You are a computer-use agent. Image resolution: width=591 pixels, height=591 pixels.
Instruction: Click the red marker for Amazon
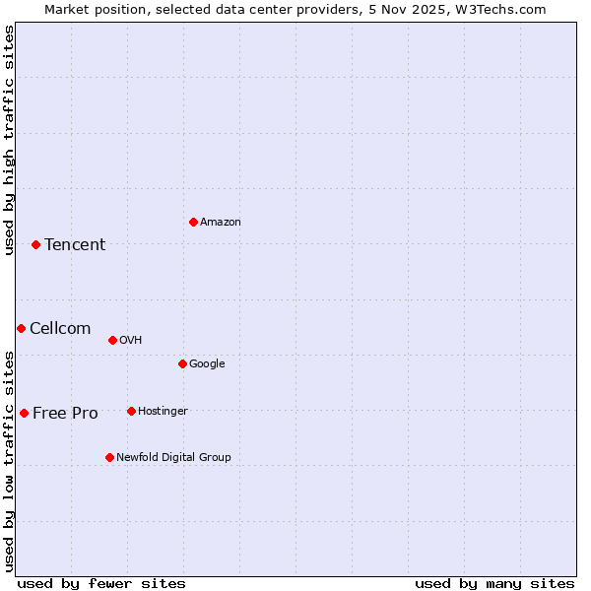193,222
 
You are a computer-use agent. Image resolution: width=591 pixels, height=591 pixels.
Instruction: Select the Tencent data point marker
35,244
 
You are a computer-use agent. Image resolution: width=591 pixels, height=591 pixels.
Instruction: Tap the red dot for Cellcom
21,328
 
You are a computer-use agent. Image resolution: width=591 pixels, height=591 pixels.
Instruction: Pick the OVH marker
112,340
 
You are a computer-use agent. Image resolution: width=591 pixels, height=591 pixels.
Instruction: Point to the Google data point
182,363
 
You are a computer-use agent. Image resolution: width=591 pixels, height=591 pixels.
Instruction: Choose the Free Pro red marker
24,413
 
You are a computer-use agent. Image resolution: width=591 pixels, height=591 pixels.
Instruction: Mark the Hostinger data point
131,411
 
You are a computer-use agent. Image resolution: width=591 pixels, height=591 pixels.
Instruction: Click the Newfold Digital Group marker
109,457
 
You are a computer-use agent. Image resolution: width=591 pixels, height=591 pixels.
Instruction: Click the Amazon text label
221,223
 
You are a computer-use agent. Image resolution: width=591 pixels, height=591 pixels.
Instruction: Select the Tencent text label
75,245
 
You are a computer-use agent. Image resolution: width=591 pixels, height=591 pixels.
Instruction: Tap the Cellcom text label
60,329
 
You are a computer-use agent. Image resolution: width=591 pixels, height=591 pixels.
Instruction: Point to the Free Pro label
65,414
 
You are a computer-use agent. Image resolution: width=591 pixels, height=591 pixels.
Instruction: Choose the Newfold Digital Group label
173,457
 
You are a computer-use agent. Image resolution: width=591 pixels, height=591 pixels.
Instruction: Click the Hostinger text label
163,411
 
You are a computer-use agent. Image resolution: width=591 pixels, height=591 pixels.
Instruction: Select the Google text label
207,364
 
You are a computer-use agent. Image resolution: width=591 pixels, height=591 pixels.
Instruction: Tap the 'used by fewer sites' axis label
101,583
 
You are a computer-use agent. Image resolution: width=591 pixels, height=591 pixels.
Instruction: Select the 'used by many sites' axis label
494,583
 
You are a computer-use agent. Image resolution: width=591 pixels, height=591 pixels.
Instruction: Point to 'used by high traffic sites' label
9,140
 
